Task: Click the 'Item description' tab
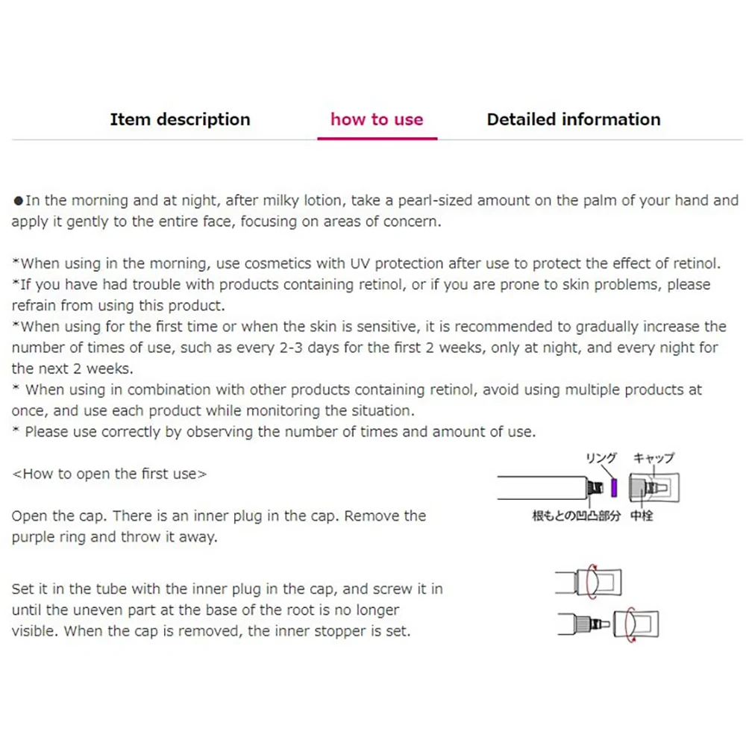[180, 119]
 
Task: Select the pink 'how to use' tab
[377, 119]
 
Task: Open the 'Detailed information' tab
[573, 119]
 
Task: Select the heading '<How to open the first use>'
[110, 474]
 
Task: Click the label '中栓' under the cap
[642, 515]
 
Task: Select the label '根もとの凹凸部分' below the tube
[576, 515]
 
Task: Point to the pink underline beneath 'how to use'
[377, 138]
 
